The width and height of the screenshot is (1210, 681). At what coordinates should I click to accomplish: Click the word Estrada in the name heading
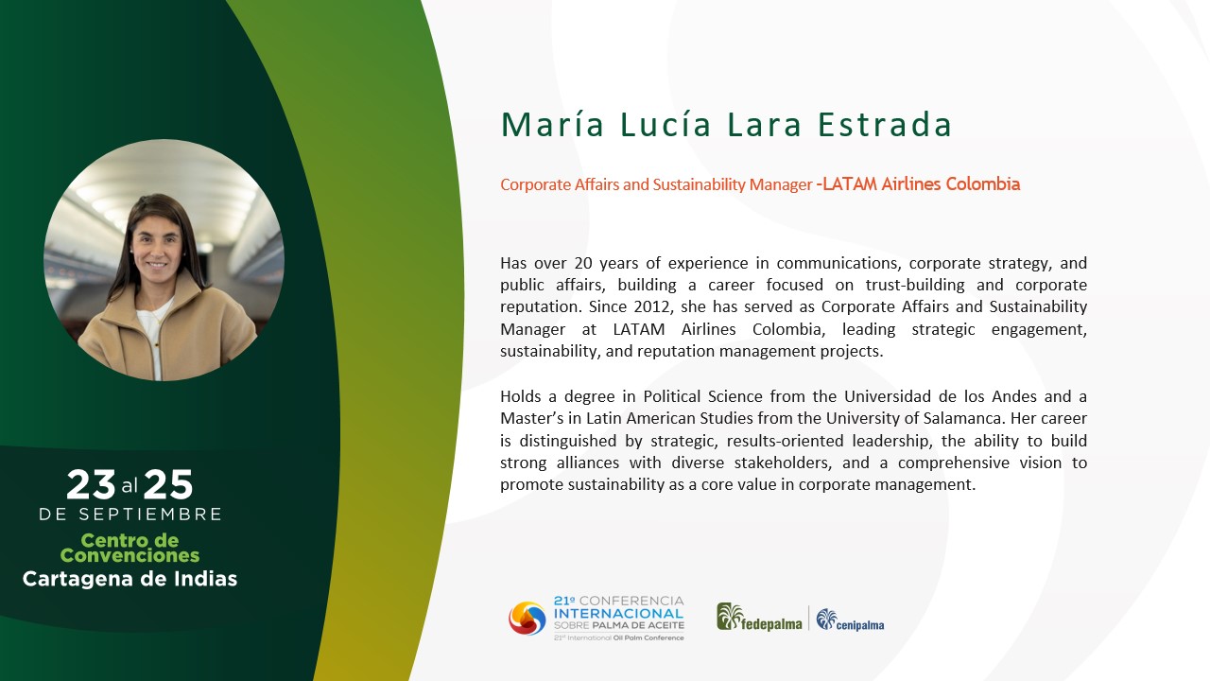[x=884, y=125]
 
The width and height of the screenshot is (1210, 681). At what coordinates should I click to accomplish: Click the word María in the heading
[x=552, y=124]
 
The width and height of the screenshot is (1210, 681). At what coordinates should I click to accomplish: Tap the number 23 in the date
[x=91, y=484]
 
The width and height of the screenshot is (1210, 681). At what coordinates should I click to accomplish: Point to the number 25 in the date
[x=168, y=484]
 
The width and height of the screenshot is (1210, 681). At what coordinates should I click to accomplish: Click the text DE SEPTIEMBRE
[x=130, y=514]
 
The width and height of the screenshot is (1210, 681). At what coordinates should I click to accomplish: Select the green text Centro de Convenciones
[x=130, y=548]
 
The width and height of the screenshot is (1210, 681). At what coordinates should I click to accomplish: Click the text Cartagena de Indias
[x=130, y=579]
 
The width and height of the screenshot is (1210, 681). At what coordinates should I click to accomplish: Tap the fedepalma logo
[x=759, y=618]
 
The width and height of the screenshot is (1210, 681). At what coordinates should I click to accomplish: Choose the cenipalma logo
[x=850, y=620]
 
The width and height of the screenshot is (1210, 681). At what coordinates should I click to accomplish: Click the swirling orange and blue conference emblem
[x=527, y=619]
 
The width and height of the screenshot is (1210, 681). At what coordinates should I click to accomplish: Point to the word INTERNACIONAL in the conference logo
[x=618, y=614]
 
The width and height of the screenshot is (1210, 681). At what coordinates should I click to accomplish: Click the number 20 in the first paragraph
[x=583, y=263]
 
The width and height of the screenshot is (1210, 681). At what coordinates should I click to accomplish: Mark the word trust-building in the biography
[x=914, y=285]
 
